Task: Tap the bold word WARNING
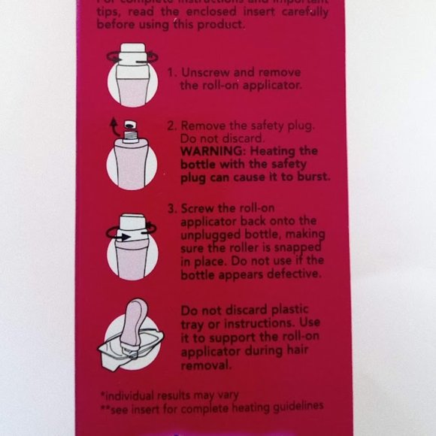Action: tap(209, 151)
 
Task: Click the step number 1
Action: tap(171, 74)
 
